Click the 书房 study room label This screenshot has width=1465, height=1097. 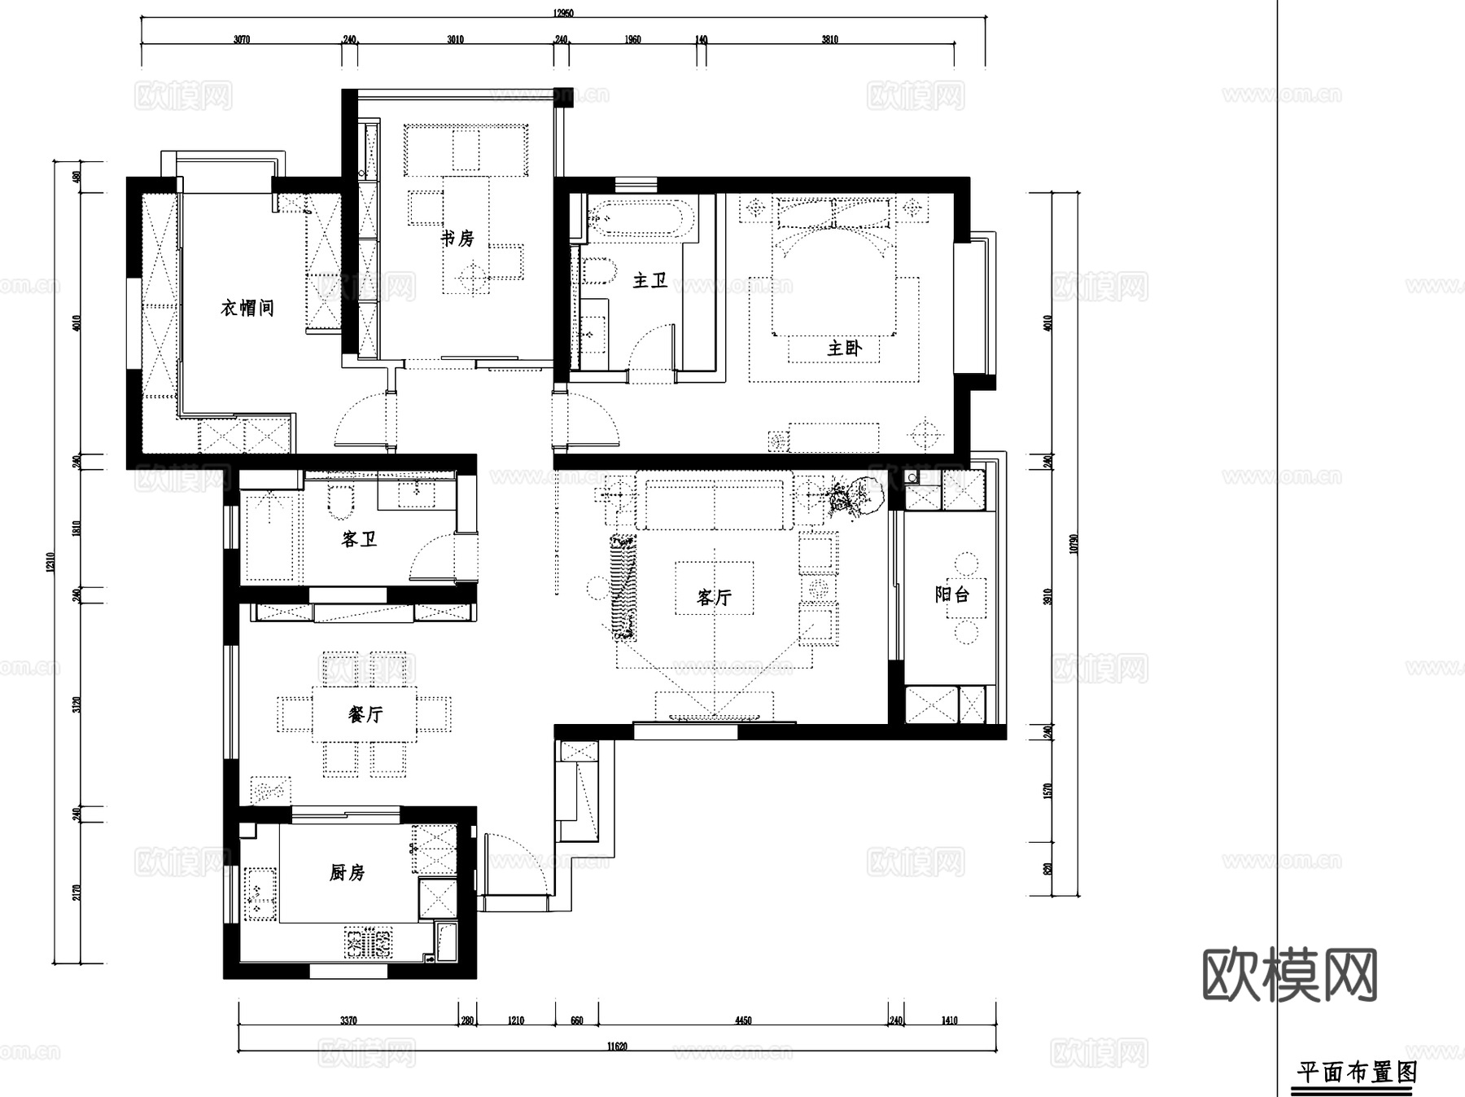click(x=457, y=239)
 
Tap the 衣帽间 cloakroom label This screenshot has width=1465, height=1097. click(x=247, y=308)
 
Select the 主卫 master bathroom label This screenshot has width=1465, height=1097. click(x=650, y=281)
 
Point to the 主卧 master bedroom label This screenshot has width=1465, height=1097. click(x=844, y=349)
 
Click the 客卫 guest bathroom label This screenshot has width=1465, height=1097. click(x=359, y=539)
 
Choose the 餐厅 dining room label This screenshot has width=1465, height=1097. click(x=365, y=714)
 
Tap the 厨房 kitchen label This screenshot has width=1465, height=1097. click(x=347, y=873)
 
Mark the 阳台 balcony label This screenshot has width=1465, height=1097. click(x=951, y=595)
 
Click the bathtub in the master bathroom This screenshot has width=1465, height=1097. click(x=640, y=218)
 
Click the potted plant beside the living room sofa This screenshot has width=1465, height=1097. click(x=851, y=496)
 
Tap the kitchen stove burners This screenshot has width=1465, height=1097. click(x=368, y=943)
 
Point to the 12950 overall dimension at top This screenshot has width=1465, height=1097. click(x=563, y=13)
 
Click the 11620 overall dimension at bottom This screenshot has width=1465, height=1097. click(x=617, y=1047)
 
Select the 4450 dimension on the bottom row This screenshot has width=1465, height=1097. click(x=743, y=1020)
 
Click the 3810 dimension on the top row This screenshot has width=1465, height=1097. click(x=829, y=39)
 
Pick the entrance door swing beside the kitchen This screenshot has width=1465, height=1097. click(x=513, y=863)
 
